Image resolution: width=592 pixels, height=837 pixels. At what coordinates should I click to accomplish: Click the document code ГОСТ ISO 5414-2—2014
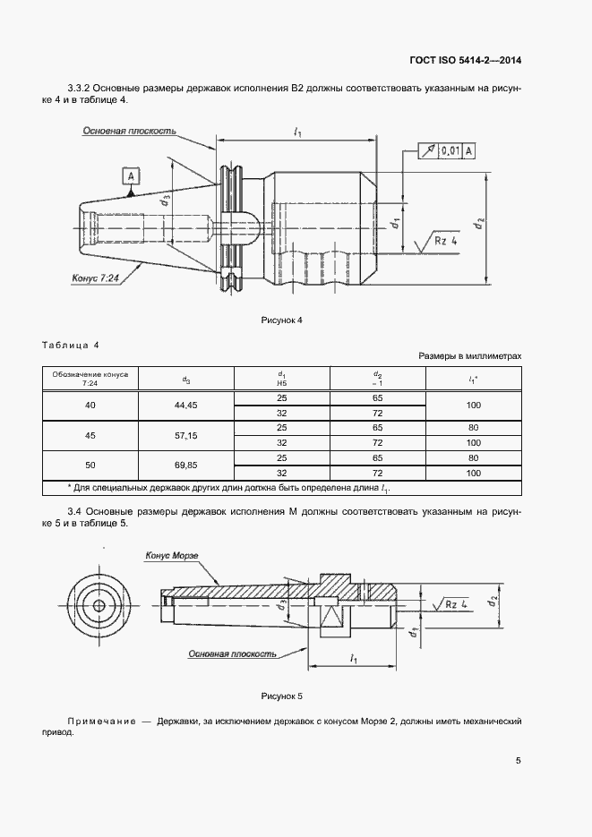(465, 60)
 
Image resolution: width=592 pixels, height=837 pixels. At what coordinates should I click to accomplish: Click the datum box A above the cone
(132, 175)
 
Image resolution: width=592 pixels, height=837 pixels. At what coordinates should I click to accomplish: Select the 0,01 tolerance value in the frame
(450, 151)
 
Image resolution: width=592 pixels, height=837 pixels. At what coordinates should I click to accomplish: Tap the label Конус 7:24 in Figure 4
(96, 278)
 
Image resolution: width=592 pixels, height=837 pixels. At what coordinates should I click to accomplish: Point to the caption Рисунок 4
(282, 320)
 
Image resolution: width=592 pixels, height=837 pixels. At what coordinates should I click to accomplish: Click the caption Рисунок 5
(282, 696)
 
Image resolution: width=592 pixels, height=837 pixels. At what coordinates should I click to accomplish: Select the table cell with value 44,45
(185, 406)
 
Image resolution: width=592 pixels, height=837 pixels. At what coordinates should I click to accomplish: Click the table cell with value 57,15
(185, 436)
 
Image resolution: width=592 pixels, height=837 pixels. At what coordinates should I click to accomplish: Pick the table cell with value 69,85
(185, 465)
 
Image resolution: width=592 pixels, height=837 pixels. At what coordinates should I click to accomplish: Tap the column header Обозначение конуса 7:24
(90, 379)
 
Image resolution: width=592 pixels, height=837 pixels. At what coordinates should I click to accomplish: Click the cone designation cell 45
(90, 436)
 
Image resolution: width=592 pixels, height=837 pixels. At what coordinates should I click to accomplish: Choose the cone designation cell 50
(90, 465)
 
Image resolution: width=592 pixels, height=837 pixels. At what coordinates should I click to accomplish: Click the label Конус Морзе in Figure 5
(172, 556)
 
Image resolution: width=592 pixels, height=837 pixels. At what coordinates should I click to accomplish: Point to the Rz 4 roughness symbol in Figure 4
(438, 242)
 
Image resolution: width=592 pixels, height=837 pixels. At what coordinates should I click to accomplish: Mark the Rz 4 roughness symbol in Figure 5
(450, 604)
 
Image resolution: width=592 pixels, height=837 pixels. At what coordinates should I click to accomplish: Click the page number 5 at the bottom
(519, 761)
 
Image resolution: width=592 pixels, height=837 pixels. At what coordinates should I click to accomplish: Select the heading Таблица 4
(71, 345)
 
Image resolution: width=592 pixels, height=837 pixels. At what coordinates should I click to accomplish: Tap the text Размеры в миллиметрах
(470, 356)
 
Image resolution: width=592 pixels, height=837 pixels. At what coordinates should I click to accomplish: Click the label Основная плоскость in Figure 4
(129, 131)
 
